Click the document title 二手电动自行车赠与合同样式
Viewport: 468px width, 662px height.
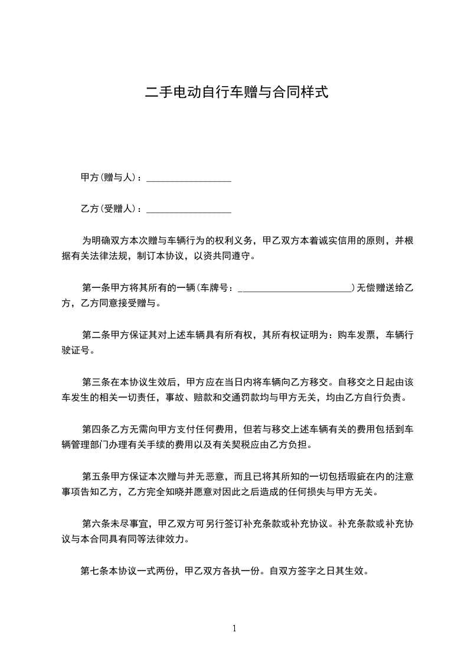pos(236,93)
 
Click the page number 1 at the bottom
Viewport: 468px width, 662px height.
pos(234,628)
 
